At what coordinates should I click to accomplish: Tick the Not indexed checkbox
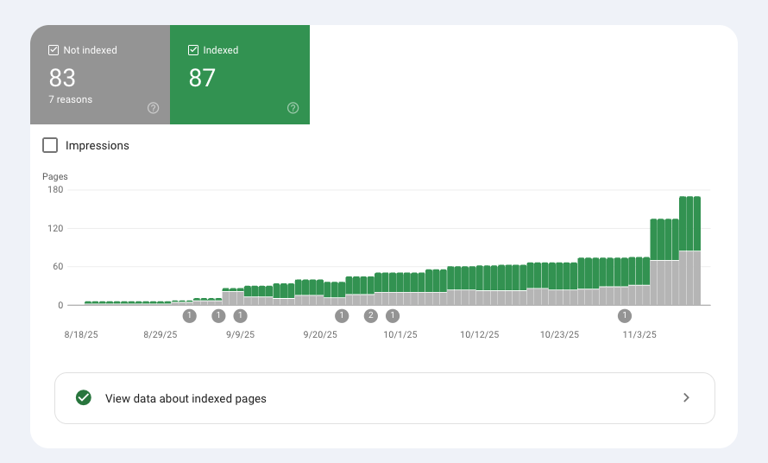tap(54, 50)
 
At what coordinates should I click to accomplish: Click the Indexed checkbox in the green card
tap(193, 50)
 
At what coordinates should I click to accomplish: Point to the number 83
tap(62, 78)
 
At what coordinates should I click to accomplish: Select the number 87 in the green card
tap(202, 78)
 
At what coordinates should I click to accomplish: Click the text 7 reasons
tap(70, 99)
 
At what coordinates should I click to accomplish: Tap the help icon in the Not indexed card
tap(153, 108)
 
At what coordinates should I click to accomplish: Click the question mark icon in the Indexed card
tap(293, 108)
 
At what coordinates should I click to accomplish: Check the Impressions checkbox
tap(50, 145)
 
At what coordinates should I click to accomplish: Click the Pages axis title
tap(54, 176)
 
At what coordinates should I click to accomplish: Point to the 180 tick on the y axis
tap(55, 190)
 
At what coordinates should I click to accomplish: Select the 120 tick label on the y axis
tap(55, 228)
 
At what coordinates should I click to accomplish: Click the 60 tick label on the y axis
tap(58, 266)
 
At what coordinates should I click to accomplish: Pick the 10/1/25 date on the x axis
tap(400, 333)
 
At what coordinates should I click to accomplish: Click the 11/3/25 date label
tap(639, 333)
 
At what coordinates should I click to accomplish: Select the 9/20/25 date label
tap(320, 333)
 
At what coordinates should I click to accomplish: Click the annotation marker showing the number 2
tap(371, 315)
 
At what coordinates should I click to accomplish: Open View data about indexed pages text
tap(186, 398)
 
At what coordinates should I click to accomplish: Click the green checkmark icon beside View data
tap(84, 397)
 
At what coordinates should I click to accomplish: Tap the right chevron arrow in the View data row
tap(686, 397)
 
